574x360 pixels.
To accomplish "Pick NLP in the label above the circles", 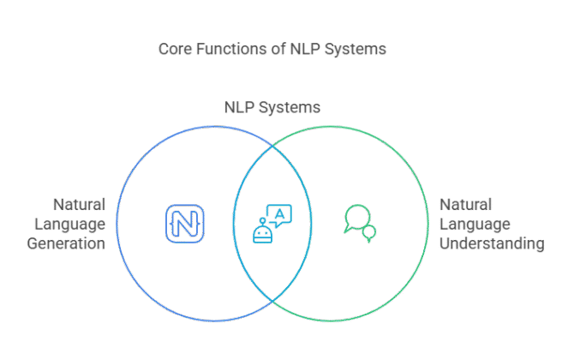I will tap(240, 108).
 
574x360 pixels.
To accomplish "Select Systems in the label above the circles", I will tap(290, 108).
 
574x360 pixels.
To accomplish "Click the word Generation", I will tap(70, 243).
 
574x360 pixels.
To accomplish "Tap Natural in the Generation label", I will tap(79, 205).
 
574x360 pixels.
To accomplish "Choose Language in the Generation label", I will tap(72, 224).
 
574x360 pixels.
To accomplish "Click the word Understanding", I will tap(492, 243).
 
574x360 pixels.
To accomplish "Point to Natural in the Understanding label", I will tap(465, 205).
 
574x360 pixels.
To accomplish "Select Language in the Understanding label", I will tap(475, 224).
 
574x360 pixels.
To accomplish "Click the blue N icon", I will tap(184, 223).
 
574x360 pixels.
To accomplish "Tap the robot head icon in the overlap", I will tap(262, 231).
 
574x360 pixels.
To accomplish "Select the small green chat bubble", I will tap(369, 232).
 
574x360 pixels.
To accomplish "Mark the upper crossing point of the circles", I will tap(272, 147).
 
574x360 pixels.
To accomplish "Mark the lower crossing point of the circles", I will tap(272, 299).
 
